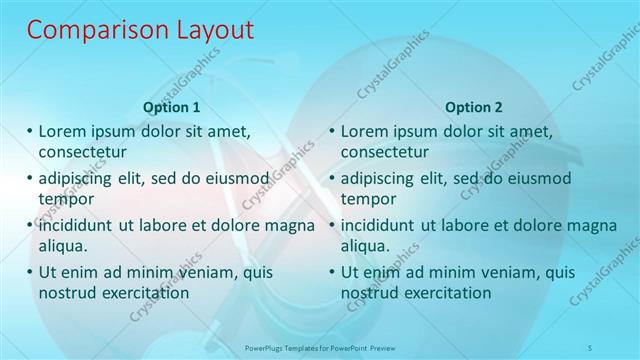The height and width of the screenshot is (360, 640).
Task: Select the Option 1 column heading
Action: point(172,107)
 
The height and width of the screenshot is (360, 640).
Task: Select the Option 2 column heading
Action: point(474,107)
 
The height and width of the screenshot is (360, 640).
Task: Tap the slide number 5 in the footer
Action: point(591,347)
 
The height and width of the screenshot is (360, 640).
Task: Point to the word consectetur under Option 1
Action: point(82,152)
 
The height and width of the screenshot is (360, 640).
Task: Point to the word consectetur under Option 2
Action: point(385,152)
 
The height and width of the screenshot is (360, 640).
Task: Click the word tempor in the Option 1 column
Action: point(65,199)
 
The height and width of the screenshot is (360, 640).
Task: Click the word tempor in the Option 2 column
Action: point(368,199)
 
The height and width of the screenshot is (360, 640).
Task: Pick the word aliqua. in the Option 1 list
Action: point(64,246)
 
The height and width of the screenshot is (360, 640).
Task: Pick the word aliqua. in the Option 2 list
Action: point(367,246)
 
